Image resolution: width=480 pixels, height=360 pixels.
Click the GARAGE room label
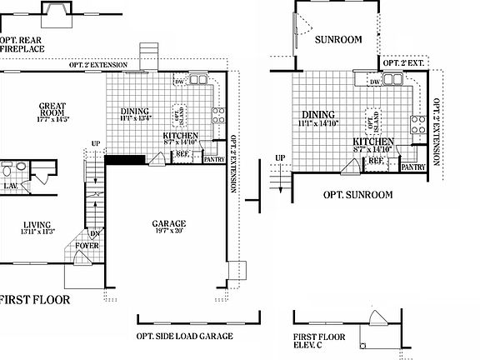[x=169, y=223]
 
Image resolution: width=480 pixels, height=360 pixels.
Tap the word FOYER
[x=87, y=246]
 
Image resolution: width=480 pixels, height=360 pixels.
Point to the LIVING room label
[x=37, y=224]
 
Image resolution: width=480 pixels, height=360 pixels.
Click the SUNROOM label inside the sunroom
[x=337, y=39]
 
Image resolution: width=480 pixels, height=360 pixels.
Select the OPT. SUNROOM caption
[x=357, y=195]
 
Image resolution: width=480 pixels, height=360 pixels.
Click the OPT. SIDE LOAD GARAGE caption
[x=184, y=337]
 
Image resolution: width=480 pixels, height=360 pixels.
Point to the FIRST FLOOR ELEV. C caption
[x=318, y=343]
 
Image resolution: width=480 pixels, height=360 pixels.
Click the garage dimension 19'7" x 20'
[x=169, y=232]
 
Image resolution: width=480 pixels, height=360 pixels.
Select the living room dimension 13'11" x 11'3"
[x=37, y=232]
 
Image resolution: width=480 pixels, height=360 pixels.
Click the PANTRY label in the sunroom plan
[x=414, y=167]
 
